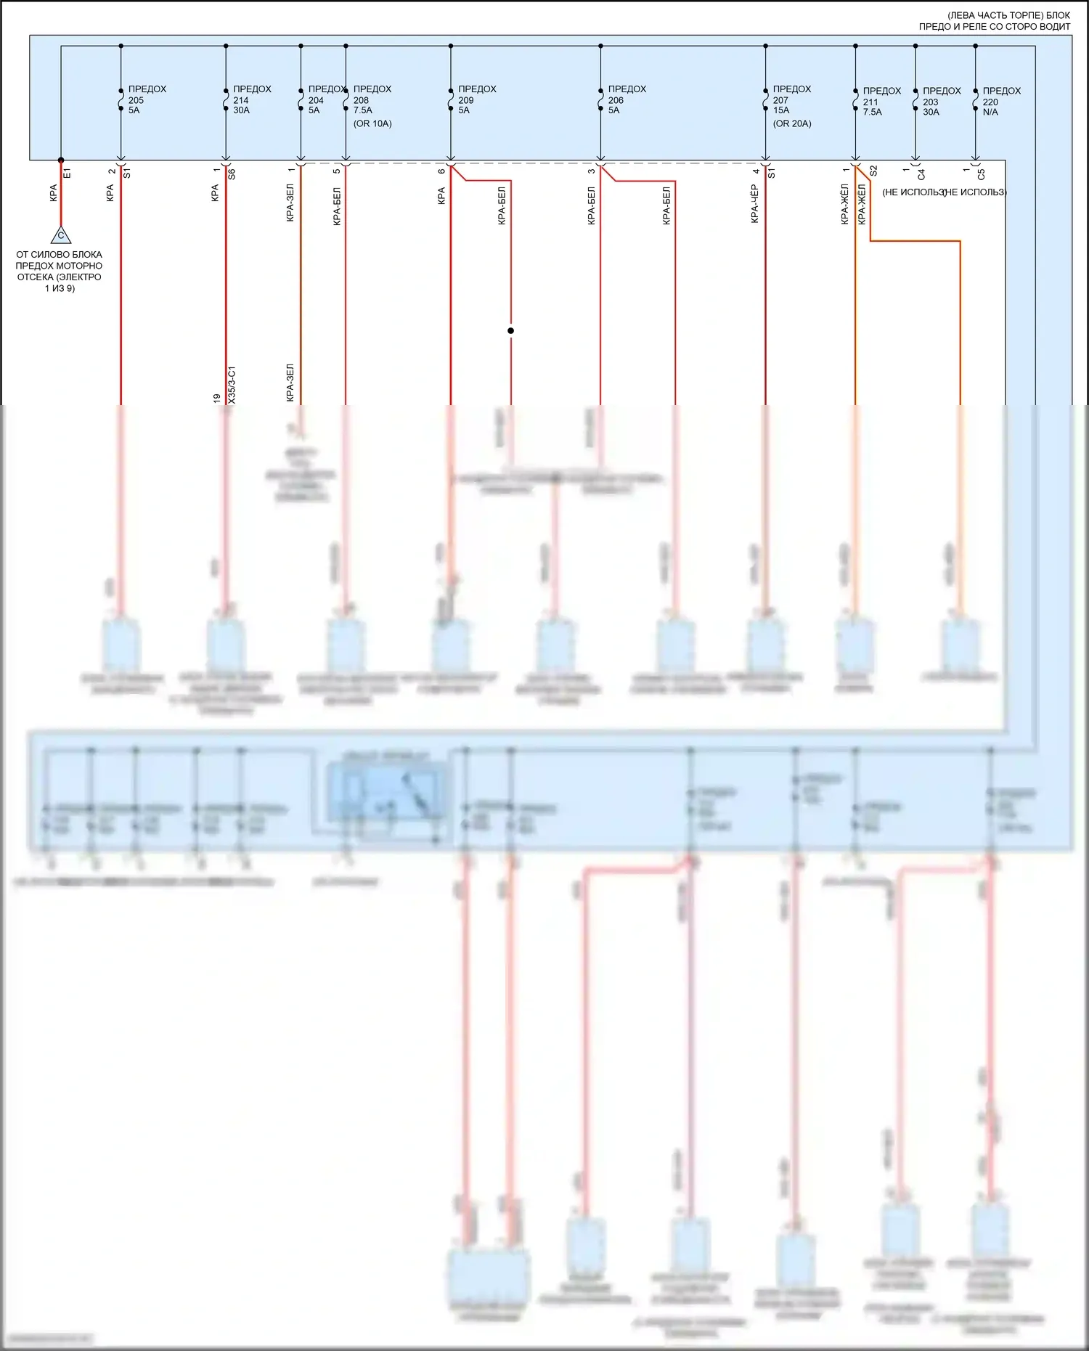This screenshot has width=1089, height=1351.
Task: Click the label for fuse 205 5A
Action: tap(146, 99)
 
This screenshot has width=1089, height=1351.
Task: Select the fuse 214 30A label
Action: tap(251, 99)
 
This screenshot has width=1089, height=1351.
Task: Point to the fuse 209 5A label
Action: tap(476, 99)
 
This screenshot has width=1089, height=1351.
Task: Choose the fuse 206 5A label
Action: tap(626, 99)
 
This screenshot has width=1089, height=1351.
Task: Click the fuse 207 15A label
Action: tap(791, 99)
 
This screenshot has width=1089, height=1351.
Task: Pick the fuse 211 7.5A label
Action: tap(881, 102)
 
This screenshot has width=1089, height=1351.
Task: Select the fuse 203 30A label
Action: tap(941, 102)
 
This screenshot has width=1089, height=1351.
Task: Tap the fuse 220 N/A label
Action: tap(1001, 102)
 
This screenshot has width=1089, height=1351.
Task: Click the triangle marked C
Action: tap(61, 235)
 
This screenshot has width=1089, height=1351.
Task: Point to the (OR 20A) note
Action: tap(792, 123)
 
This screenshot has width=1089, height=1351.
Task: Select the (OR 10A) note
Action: tap(372, 123)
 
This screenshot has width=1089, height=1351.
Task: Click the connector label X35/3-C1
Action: tap(232, 385)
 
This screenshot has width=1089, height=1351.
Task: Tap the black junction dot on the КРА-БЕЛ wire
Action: tap(510, 330)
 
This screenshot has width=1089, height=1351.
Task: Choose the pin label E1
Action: tap(68, 174)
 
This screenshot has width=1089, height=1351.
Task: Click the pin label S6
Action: tap(232, 174)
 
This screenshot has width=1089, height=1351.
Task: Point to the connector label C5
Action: tap(982, 174)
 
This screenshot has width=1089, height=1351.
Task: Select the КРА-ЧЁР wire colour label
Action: tap(755, 204)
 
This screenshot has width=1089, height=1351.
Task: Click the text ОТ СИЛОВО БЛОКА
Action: tap(59, 255)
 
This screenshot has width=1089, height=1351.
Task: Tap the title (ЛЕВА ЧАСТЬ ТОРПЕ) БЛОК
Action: tap(1008, 15)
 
